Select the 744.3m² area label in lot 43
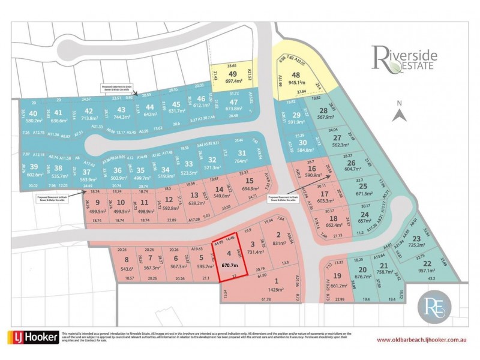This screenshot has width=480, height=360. click(x=122, y=117)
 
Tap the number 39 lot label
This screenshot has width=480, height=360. click(x=34, y=166)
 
